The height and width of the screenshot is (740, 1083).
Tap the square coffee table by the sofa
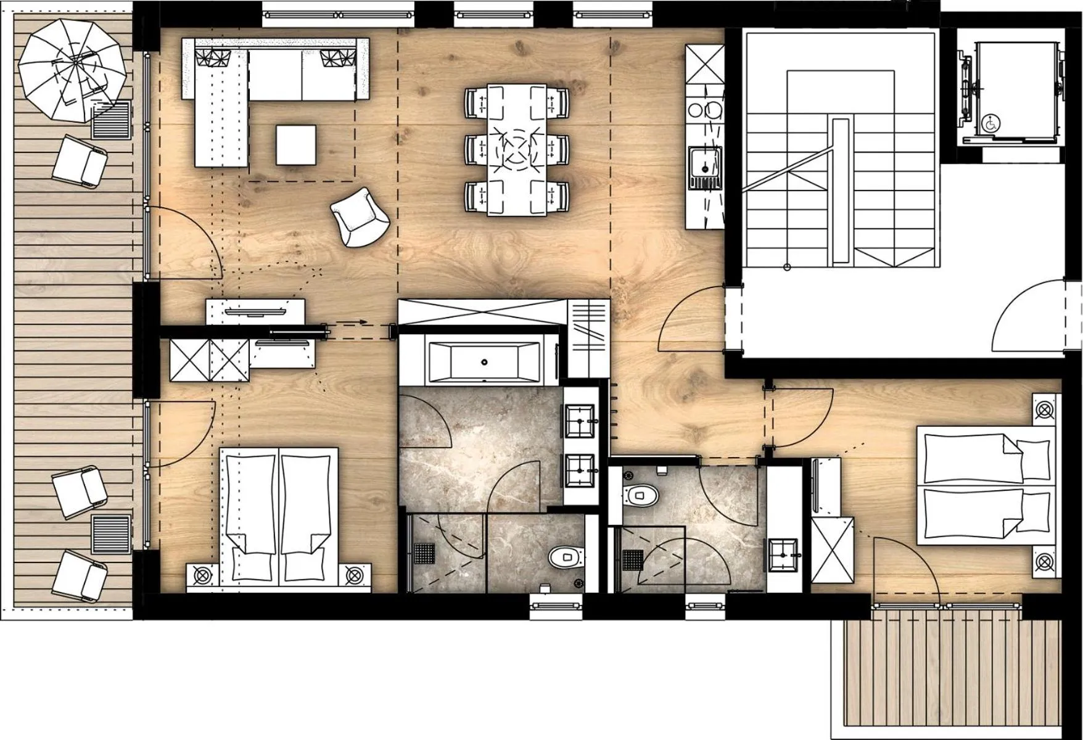pos(296,145)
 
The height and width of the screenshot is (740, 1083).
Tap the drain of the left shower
pos(424,553)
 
